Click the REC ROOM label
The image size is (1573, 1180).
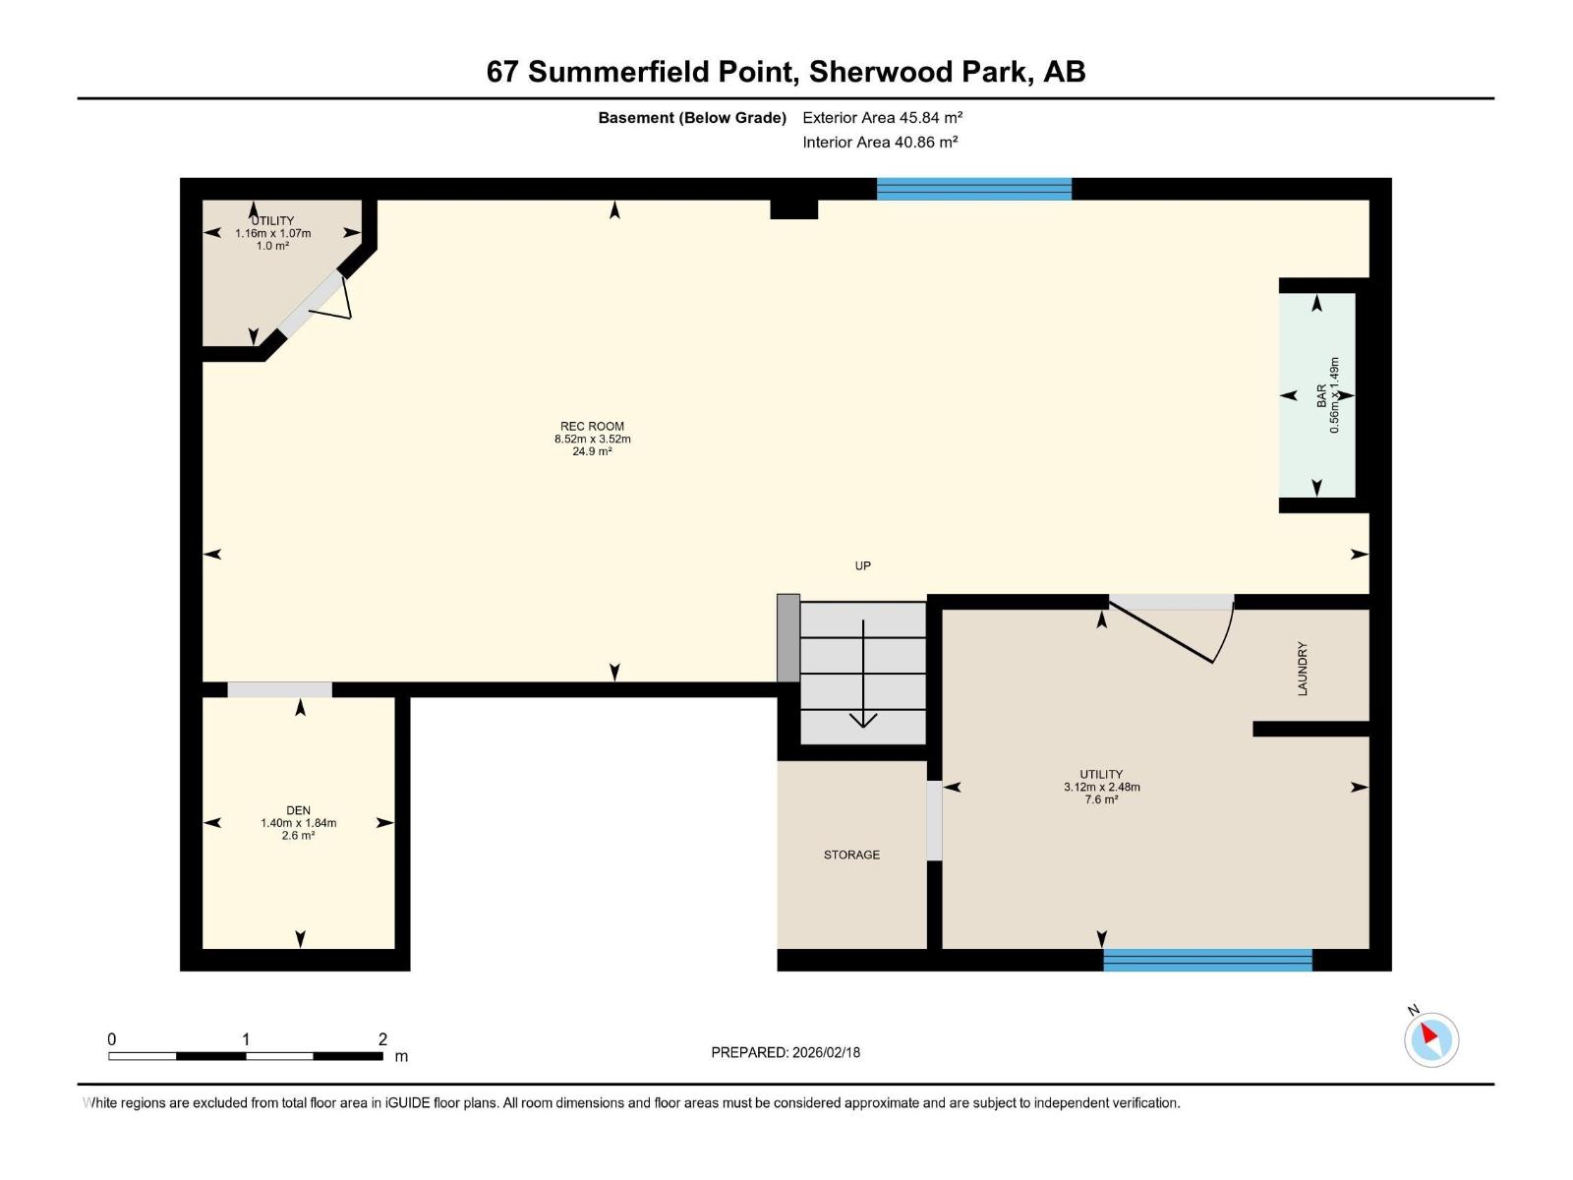[592, 427]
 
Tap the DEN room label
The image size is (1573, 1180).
[298, 810]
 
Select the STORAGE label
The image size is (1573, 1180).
[851, 855]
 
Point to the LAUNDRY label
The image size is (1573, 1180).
[1303, 669]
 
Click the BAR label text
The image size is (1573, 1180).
[1321, 395]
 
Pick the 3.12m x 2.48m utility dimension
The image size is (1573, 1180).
[1101, 787]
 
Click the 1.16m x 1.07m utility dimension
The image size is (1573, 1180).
[272, 233]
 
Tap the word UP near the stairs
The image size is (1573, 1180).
[862, 565]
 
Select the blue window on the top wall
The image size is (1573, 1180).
[973, 189]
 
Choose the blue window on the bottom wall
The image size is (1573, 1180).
[1207, 960]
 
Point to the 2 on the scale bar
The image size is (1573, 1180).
[382, 1039]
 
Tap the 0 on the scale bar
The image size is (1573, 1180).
[112, 1039]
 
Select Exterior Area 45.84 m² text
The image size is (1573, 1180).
[882, 117]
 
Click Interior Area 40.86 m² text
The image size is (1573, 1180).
[880, 142]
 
